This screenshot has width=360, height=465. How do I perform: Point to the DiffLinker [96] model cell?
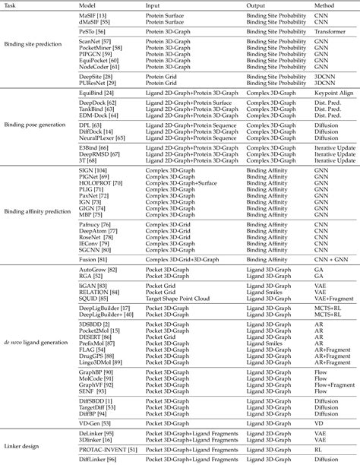pyautogui.click(x=97, y=458)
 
